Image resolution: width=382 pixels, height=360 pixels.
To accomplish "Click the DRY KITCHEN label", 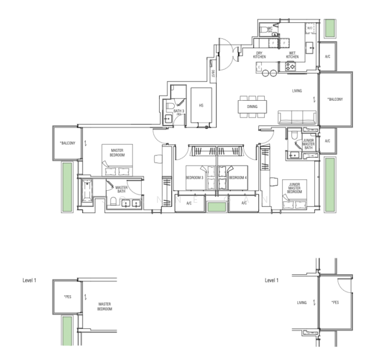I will pyautogui.click(x=260, y=55).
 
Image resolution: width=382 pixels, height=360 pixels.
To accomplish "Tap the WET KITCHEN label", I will pyautogui.click(x=292, y=55).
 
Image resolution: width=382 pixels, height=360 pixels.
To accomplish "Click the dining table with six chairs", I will pyautogui.click(x=252, y=105).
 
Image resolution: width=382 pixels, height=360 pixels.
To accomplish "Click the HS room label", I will pyautogui.click(x=201, y=105).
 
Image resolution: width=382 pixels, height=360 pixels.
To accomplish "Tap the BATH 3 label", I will pyautogui.click(x=178, y=111).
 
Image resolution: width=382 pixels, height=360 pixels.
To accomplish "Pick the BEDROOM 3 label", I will pyautogui.click(x=195, y=178).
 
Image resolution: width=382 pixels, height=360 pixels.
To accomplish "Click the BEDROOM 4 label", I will pyautogui.click(x=238, y=178).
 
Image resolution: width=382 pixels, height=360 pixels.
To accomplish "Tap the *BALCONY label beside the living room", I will pyautogui.click(x=335, y=99).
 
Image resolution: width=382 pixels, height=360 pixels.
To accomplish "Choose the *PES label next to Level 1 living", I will pyautogui.click(x=335, y=302).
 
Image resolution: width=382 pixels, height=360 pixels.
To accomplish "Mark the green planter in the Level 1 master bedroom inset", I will pyautogui.click(x=68, y=330).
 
